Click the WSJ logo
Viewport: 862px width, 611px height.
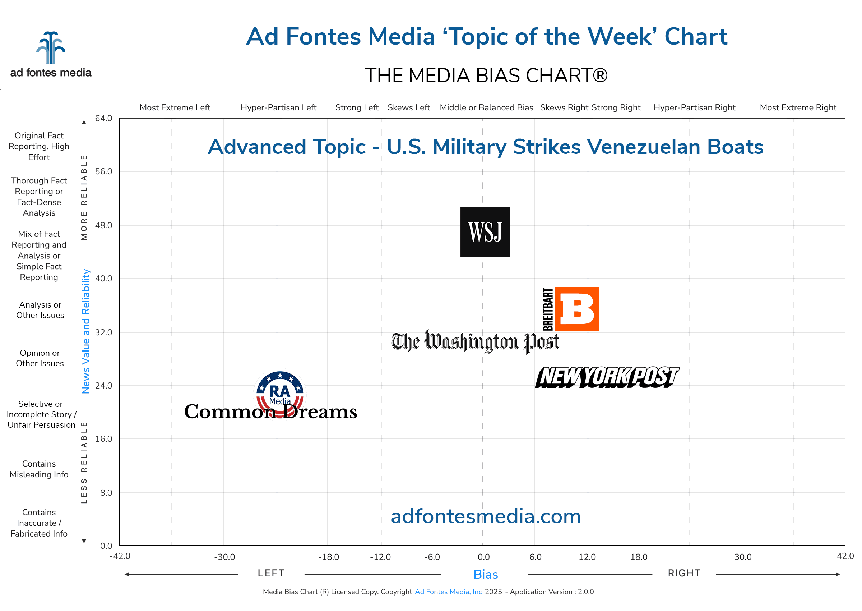485,232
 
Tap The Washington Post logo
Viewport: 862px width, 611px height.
475,341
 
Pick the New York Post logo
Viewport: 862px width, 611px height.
607,377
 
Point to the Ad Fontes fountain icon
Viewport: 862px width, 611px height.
51,48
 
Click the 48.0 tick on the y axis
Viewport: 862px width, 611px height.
103,225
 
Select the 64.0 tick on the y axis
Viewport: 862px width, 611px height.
103,119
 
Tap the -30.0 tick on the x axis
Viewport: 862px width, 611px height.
224,557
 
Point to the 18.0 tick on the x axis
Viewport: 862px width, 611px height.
639,557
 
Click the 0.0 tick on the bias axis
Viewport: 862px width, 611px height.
483,557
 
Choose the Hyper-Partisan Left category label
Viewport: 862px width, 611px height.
279,107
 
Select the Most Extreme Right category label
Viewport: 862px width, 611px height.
798,107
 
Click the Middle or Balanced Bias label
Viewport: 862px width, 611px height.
486,107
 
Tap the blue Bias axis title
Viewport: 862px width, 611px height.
486,574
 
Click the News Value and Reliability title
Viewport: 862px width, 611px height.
86,331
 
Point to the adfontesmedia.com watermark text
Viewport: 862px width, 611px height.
486,516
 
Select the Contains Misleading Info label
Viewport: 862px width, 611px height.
39,469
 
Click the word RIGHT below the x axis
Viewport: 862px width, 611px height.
684,573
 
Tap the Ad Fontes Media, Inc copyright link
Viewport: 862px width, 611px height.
448,592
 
